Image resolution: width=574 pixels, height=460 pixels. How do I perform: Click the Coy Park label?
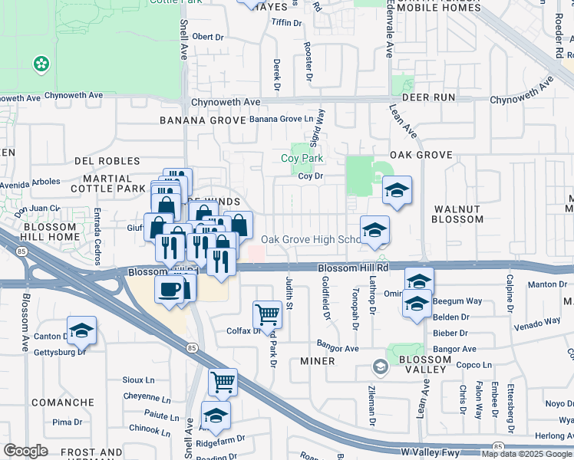coord(302,159)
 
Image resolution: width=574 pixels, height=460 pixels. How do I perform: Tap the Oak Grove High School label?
coord(311,239)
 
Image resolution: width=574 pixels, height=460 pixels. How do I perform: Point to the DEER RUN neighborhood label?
coord(428,97)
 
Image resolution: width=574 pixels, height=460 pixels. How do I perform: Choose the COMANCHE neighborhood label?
coord(63,402)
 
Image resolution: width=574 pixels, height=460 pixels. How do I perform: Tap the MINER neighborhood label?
coord(317,361)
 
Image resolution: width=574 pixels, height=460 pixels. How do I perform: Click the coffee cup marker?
coord(170,288)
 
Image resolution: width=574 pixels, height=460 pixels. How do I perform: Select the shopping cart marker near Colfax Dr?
coord(267,313)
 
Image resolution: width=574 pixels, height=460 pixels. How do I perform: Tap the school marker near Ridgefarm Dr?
coord(216,415)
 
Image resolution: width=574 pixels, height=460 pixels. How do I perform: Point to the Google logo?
coord(25,451)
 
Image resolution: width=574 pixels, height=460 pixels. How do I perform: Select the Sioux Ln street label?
coord(139,379)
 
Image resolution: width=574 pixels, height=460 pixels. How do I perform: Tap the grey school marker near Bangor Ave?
coord(380,367)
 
